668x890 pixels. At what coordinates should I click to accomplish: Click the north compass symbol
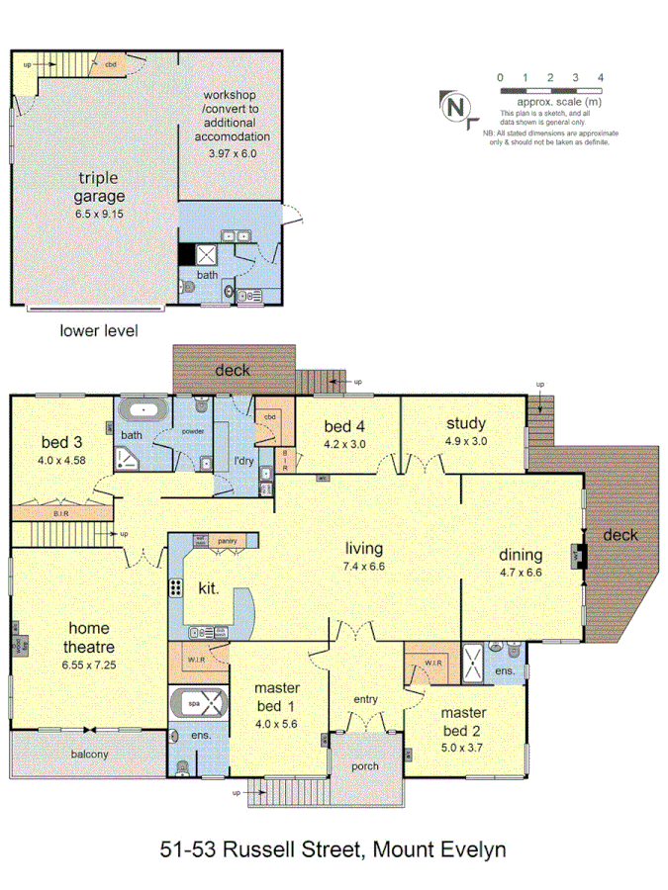455,106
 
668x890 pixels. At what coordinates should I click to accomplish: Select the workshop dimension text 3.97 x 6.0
233,154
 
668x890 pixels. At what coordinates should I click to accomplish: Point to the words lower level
99,330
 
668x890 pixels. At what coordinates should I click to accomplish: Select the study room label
465,424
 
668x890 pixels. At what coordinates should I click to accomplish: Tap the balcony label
90,755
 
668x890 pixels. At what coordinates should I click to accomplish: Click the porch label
367,765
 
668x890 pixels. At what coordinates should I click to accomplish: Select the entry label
366,699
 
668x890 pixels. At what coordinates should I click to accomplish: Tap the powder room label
193,430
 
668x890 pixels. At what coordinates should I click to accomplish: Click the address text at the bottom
334,848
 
